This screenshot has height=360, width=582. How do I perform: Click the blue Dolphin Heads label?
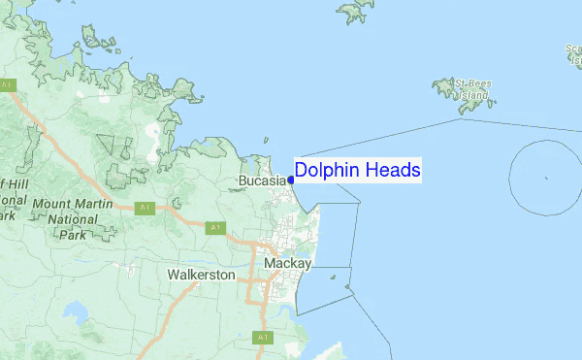coord(357,171)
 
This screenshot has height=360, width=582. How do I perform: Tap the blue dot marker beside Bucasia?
coord(291,180)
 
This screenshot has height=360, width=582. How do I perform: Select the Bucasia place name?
coord(263,180)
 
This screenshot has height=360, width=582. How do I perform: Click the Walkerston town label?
coord(201,275)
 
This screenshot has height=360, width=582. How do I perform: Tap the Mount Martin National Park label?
coord(73,219)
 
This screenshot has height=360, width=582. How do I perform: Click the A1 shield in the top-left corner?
coord(8,85)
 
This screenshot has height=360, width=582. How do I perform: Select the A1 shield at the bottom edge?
coord(262,337)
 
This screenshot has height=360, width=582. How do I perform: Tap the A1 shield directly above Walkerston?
coord(214,228)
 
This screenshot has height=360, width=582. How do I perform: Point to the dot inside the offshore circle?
coord(547,178)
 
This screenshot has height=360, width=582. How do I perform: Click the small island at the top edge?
coord(356,10)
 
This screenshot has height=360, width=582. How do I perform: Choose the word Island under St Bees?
coord(473,97)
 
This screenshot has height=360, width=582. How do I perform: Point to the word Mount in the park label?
coord(50,205)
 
